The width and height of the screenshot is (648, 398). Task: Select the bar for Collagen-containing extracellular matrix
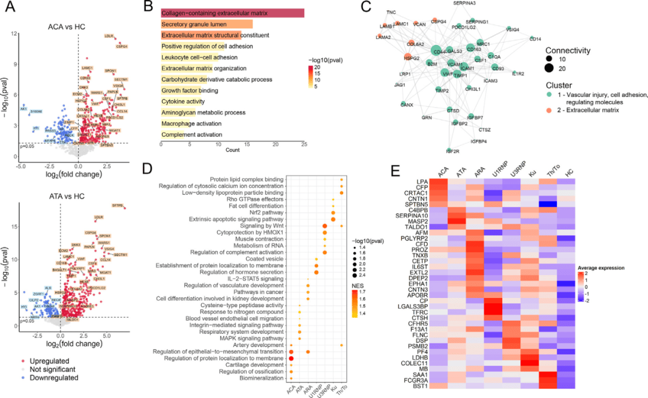pos(232,13)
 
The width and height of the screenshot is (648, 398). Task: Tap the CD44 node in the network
pos(436,52)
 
